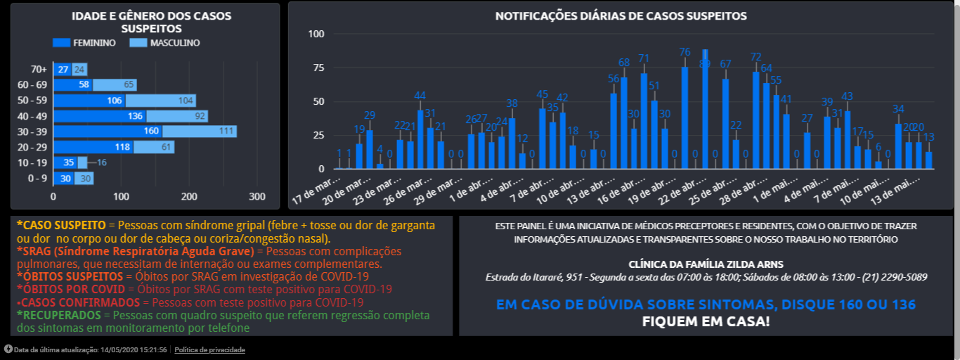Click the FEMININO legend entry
click(85, 43)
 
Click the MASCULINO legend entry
click(165, 43)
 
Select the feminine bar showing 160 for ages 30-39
click(108, 131)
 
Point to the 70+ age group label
click(39, 70)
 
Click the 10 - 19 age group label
click(32, 162)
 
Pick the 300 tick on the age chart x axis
click(257, 196)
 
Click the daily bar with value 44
click(420, 139)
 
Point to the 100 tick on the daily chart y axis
click(316, 34)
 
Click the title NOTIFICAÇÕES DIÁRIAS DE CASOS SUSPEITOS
click(621, 15)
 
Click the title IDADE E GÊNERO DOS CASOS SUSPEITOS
click(151, 22)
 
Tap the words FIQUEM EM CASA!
click(706, 322)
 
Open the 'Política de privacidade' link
click(209, 349)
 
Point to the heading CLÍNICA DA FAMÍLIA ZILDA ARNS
click(706, 264)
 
